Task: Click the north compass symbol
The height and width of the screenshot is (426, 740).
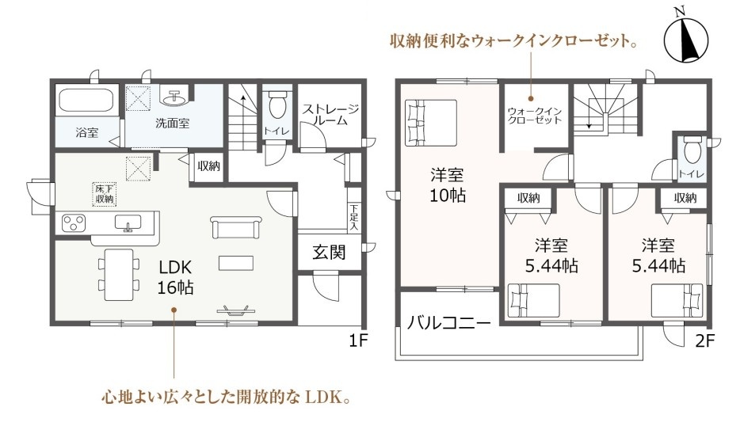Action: coord(685,40)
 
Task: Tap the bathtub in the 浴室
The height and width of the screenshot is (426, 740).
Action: coord(87,101)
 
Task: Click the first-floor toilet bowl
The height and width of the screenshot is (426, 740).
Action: coord(277,104)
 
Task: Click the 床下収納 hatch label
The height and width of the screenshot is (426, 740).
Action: coord(105,194)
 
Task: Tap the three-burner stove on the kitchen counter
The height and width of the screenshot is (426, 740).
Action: coord(74,223)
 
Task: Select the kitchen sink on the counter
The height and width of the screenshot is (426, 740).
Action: coord(128,223)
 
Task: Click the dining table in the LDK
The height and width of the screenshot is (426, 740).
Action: coord(119,274)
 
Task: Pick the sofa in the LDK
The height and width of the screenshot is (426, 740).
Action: coord(236,227)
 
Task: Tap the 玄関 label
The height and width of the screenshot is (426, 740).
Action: coord(329,253)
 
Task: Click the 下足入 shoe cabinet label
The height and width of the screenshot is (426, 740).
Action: coord(354,217)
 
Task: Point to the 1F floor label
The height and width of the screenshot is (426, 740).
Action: coord(358,340)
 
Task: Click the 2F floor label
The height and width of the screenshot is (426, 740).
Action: coord(705,340)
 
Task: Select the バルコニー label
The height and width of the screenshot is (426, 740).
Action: coord(448,324)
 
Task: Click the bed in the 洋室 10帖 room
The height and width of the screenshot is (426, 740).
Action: coord(431,122)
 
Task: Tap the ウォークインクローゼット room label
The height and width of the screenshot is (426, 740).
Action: coord(535,116)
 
